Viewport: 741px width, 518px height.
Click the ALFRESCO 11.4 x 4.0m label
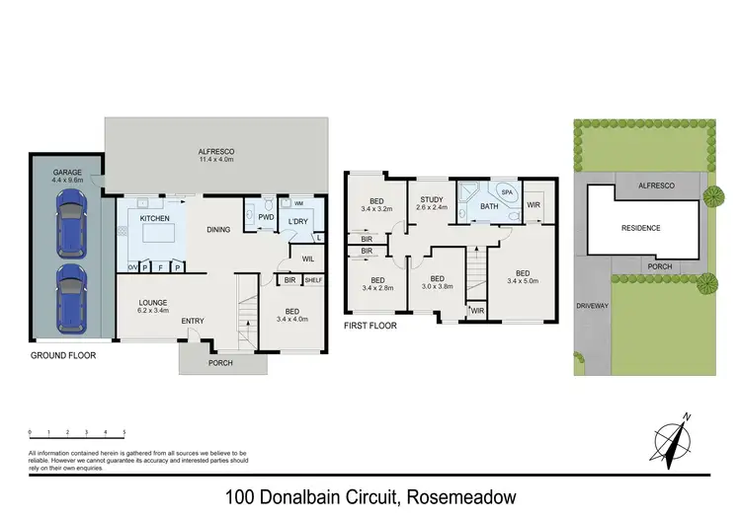click(214, 155)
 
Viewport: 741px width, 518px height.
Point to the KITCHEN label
click(154, 217)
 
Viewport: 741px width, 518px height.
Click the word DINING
click(219, 231)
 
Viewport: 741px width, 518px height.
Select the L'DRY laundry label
click(298, 221)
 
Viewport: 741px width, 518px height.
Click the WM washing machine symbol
click(298, 203)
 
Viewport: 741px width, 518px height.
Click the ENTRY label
click(193, 320)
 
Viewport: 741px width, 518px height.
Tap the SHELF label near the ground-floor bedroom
click(313, 280)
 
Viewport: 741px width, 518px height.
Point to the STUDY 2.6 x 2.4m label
click(430, 203)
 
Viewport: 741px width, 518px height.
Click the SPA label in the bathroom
click(506, 192)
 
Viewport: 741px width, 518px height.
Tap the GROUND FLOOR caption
click(63, 354)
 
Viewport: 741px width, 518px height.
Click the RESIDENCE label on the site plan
click(640, 228)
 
